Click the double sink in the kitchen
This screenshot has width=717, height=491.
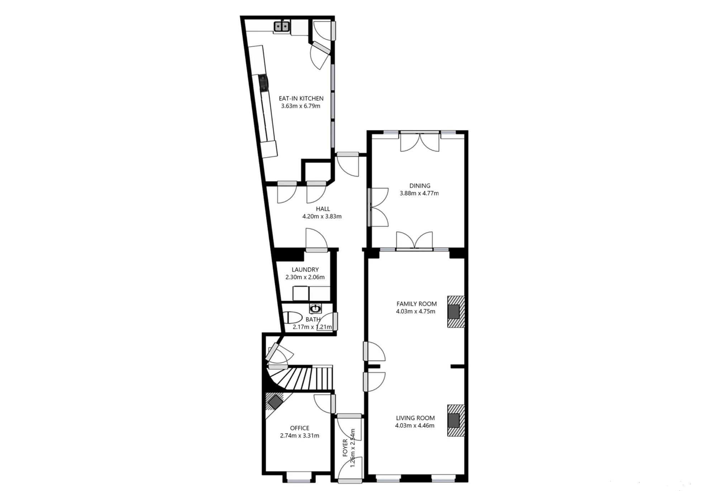282,27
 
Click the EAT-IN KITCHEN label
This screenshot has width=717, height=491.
301,98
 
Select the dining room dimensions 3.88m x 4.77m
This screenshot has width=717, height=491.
419,193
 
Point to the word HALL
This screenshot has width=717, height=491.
323,209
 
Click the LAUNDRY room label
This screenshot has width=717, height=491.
305,270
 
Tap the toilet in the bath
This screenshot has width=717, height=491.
293,318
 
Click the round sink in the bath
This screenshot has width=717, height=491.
315,308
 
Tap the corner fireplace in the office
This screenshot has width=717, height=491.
275,402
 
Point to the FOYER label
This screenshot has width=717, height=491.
345,448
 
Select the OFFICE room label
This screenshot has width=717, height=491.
299,428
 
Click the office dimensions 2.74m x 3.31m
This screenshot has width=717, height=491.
299,436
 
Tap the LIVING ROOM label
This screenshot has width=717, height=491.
415,418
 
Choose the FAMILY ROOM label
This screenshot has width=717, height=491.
416,304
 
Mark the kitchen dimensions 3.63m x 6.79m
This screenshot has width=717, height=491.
300,106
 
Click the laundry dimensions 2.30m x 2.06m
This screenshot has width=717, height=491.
305,277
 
